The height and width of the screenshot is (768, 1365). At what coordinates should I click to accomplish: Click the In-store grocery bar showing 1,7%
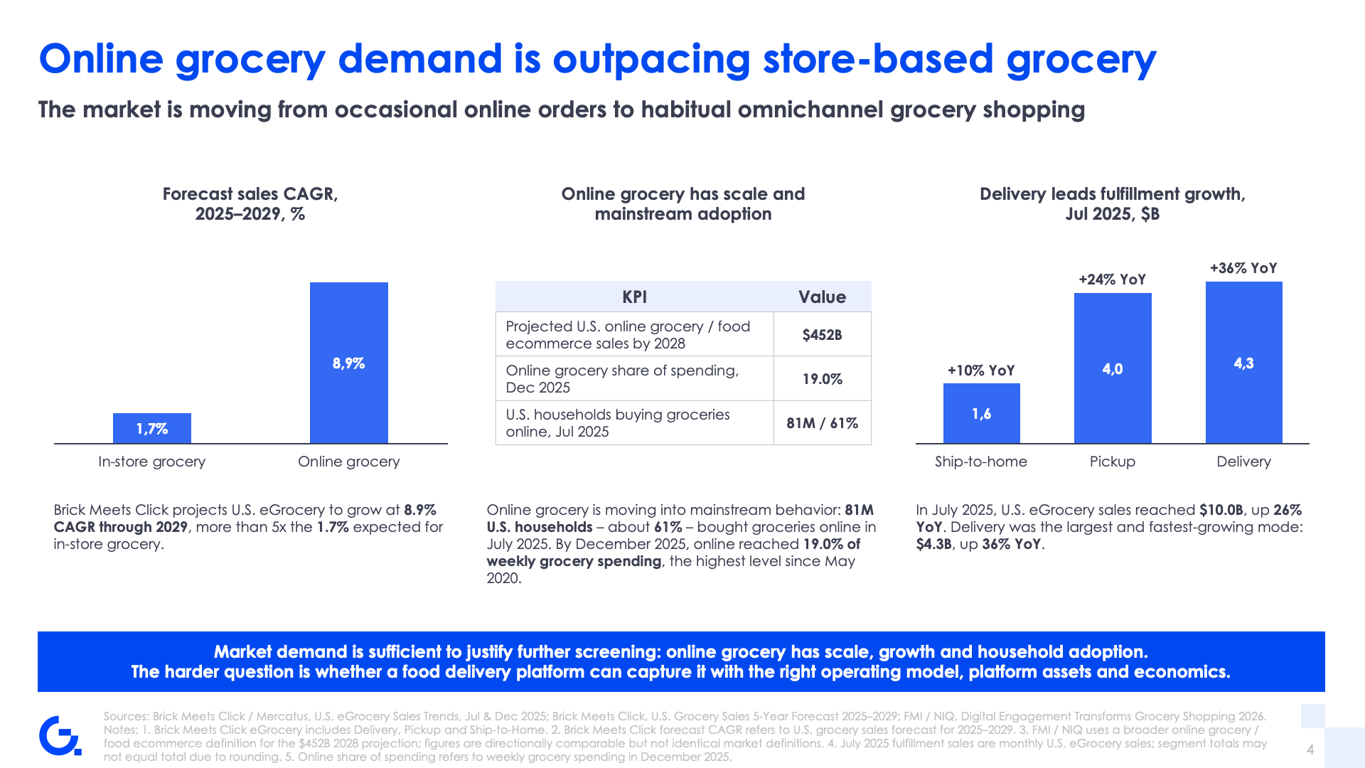coord(152,428)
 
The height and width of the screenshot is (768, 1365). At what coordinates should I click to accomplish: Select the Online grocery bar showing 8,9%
coord(349,363)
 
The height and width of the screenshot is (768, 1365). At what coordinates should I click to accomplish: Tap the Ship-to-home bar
coord(982,413)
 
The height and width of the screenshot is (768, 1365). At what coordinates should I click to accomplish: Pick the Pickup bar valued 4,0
coord(1113,368)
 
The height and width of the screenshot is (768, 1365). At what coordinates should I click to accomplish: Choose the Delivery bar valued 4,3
coord(1244,363)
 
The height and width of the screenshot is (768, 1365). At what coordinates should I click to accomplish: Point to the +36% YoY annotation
coord(1243,268)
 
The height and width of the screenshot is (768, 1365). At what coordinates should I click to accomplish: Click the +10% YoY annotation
coord(981,370)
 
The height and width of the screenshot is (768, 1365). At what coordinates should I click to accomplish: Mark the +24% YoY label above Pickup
coord(1113,279)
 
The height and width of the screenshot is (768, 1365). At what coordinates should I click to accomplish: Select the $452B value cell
coord(823,334)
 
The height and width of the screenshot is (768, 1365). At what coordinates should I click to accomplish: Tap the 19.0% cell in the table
coord(823,379)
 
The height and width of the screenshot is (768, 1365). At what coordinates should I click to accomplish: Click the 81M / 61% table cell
coord(823,423)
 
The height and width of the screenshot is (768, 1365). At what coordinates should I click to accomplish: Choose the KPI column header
coord(635,297)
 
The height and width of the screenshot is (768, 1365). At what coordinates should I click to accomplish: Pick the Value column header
coord(823,297)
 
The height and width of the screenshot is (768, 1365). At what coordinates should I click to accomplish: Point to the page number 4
coord(1310,749)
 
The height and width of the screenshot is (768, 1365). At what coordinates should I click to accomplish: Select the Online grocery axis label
coord(349,462)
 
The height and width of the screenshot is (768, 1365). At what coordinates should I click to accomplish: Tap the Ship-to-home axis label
coord(981,462)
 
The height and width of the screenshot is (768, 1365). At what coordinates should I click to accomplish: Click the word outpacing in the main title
coord(651,59)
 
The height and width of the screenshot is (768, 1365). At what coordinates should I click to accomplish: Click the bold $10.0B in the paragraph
coord(1221,510)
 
